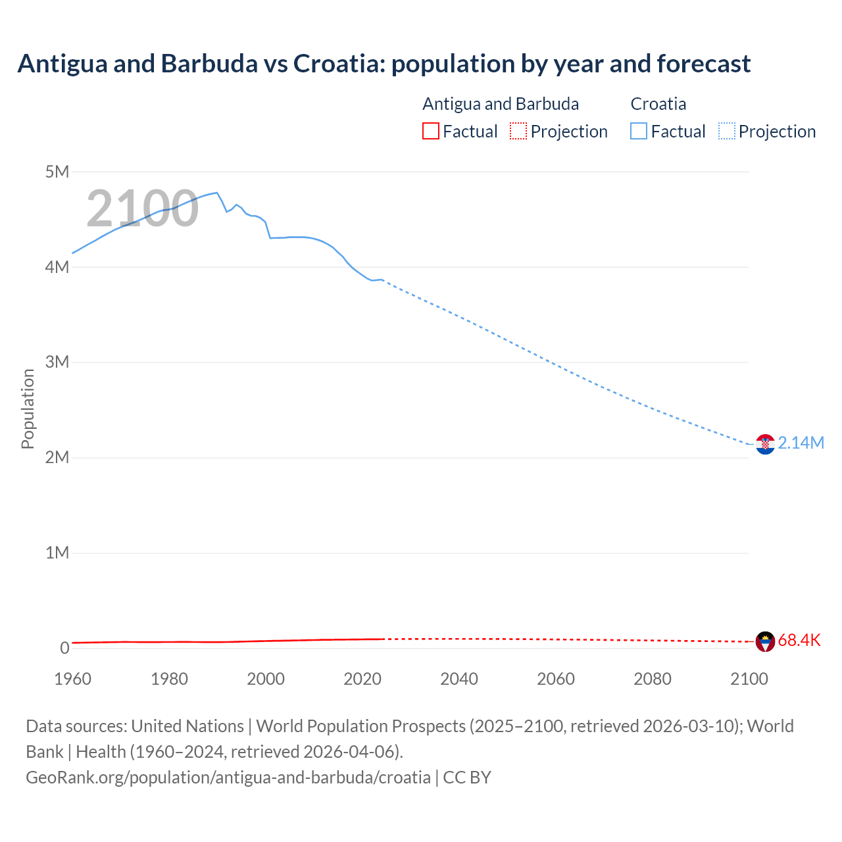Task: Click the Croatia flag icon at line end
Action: click(x=765, y=445)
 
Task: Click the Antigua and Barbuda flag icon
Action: click(x=765, y=641)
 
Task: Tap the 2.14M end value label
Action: click(x=801, y=443)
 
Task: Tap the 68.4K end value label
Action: click(x=799, y=640)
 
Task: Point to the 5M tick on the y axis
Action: click(x=57, y=172)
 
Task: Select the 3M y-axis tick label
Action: click(x=57, y=362)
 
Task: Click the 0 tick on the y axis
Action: click(x=64, y=648)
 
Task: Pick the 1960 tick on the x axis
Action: click(x=72, y=679)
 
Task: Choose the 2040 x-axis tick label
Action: click(x=459, y=679)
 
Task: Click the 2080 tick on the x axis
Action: click(x=653, y=679)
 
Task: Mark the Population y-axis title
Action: click(x=28, y=409)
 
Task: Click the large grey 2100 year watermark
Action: click(x=142, y=209)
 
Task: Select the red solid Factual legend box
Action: click(x=430, y=131)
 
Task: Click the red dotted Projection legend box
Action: click(x=518, y=131)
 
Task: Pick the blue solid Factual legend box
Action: click(x=639, y=131)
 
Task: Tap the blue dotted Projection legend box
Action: click(x=727, y=131)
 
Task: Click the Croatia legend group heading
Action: click(x=658, y=104)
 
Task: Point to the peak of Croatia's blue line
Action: click(x=216, y=193)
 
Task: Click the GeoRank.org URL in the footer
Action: click(x=228, y=777)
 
